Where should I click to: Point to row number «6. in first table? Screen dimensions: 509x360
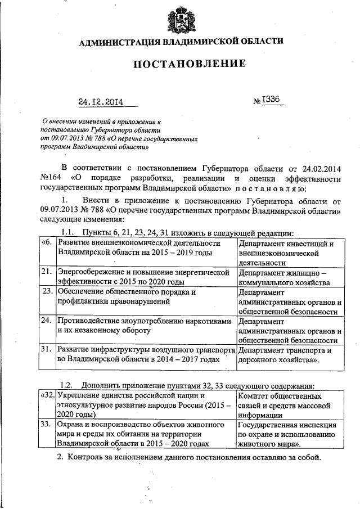pyautogui.click(x=47, y=243)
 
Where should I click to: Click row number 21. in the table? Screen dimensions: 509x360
pyautogui.click(x=47, y=272)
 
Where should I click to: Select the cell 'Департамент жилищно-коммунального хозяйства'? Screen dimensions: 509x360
pyautogui.click(x=287, y=277)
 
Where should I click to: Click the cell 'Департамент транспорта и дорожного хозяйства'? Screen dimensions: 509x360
pyautogui.click(x=287, y=355)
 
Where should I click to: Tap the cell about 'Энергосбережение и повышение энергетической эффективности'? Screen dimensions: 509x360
pyautogui.click(x=145, y=277)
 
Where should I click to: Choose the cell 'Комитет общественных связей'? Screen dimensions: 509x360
pyautogui.click(x=287, y=403)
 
